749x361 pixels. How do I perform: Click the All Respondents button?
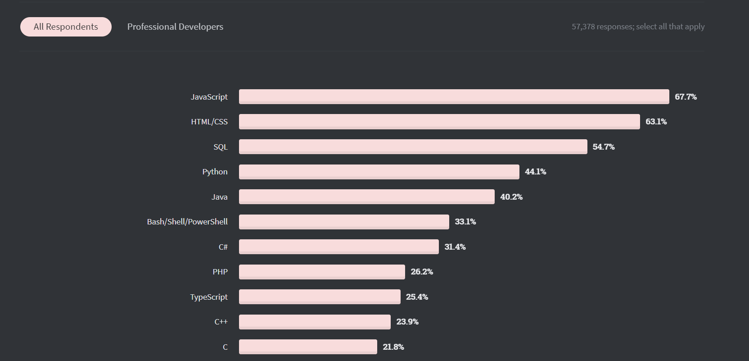pyautogui.click(x=66, y=27)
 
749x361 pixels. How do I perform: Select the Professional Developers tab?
pyautogui.click(x=175, y=27)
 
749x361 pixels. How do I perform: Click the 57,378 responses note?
pyautogui.click(x=638, y=27)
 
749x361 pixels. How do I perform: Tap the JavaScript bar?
pyautogui.click(x=454, y=97)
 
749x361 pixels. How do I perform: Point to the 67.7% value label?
pyautogui.click(x=686, y=97)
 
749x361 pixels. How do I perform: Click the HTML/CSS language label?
pyautogui.click(x=209, y=122)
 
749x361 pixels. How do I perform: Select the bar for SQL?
pyautogui.click(x=413, y=147)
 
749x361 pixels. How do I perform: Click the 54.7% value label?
pyautogui.click(x=603, y=147)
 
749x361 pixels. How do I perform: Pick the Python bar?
pyautogui.click(x=379, y=172)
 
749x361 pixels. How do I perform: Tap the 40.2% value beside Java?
pyautogui.click(x=511, y=197)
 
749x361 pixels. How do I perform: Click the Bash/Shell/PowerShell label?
pyautogui.click(x=187, y=222)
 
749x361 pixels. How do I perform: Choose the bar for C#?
pyautogui.click(x=338, y=247)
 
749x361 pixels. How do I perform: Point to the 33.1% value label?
pyautogui.click(x=465, y=222)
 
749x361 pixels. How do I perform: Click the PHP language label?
pyautogui.click(x=220, y=272)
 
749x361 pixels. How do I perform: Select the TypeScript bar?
pyautogui.click(x=320, y=297)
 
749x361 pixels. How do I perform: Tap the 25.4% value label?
pyautogui.click(x=417, y=297)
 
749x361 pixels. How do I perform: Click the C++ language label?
pyautogui.click(x=221, y=322)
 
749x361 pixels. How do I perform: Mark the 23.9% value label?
pyautogui.click(x=407, y=322)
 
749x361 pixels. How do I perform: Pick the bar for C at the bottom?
pyautogui.click(x=308, y=347)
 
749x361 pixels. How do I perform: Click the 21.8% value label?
pyautogui.click(x=393, y=347)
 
